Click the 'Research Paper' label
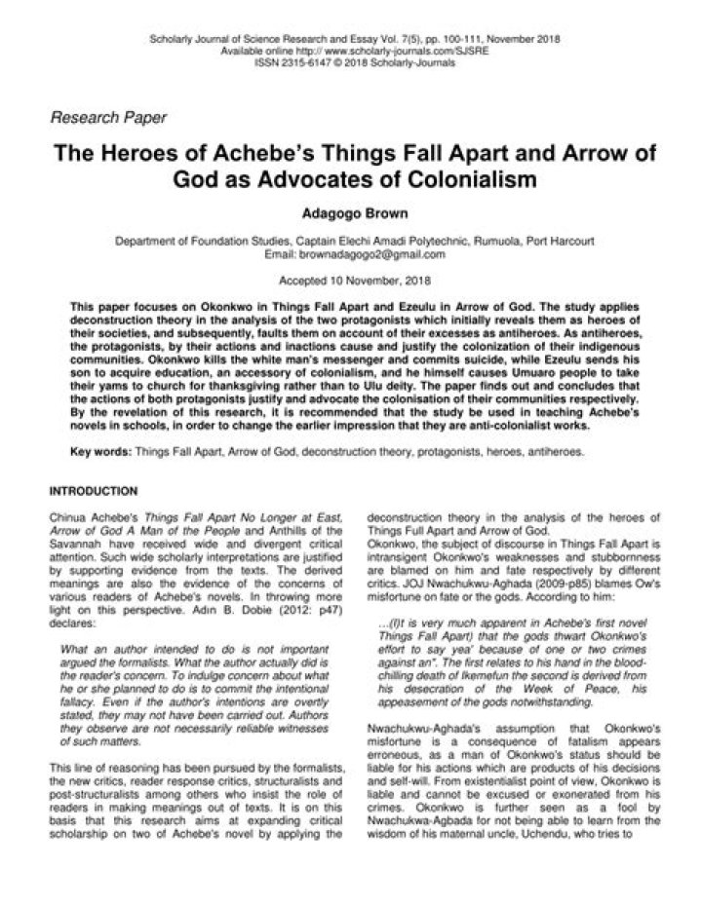pyautogui.click(x=108, y=118)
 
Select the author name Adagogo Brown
pyautogui.click(x=350, y=211)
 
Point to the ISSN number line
pyautogui.click(x=350, y=59)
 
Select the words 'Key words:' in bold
pyautogui.click(x=101, y=453)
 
